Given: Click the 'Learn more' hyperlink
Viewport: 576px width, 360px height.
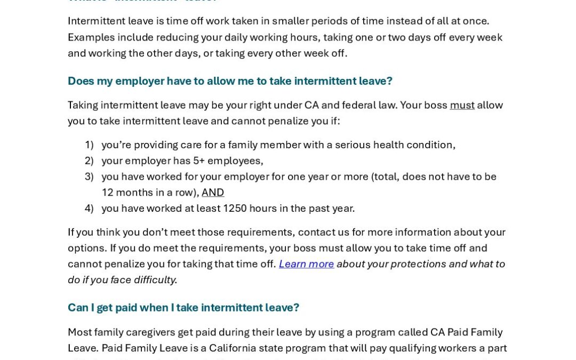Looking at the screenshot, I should pos(306,264).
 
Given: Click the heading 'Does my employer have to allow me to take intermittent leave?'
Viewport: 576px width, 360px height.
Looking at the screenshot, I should pos(230,81).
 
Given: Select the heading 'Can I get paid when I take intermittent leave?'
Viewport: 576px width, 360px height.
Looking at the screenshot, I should pos(183,308).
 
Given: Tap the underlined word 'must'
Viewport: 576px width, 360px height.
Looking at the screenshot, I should pos(462,105).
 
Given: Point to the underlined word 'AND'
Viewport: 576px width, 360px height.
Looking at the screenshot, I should pos(213,193).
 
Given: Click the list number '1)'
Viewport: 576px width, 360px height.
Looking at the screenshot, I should pos(89,145).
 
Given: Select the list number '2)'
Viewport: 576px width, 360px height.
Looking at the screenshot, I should pos(89,161).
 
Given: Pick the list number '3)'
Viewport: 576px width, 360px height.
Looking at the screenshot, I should pos(89,177).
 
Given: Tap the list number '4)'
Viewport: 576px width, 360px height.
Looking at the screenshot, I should pos(89,209).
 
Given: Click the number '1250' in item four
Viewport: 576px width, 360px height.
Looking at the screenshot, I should pos(235,209).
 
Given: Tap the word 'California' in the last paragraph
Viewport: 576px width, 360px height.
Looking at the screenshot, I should pos(233,348).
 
